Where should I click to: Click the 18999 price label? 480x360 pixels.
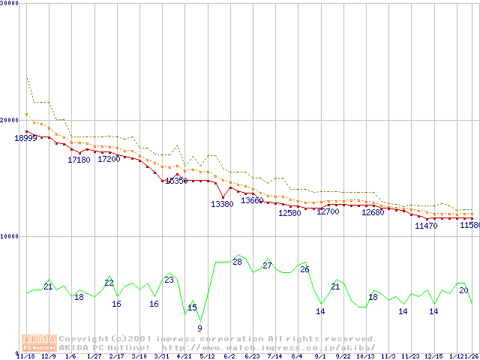25,138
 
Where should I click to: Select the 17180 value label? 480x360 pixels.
79,160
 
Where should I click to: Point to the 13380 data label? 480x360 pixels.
222,204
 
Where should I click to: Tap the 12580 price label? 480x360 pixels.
289,213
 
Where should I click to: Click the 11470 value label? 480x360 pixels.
426,226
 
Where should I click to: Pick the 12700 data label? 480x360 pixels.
328,212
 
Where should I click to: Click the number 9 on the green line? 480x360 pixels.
199,328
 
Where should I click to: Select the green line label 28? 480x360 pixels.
237,262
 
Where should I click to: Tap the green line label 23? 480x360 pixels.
169,280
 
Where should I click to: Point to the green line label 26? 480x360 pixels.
304,269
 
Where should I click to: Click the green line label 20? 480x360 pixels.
463,290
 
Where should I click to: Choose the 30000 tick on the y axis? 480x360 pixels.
9,3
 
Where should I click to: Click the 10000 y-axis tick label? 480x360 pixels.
9,236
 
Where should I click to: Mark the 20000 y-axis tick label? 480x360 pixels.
9,120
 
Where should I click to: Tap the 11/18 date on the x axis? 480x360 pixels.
25,356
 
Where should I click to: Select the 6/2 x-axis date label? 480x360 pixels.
229,356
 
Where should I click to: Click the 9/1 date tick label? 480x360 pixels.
320,356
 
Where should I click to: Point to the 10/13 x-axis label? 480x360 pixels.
365,356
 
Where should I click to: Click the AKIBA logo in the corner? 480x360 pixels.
39,342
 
